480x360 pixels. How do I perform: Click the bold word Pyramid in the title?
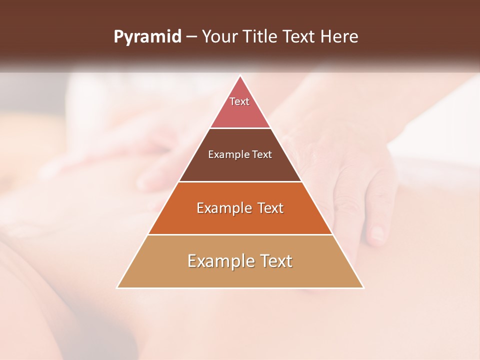click(x=147, y=37)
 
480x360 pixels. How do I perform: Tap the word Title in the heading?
click(x=262, y=37)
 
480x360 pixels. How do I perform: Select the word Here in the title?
click(x=339, y=37)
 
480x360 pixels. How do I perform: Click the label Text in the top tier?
click(x=239, y=101)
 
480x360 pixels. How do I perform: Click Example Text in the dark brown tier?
click(x=240, y=154)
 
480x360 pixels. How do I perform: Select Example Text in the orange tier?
click(x=240, y=208)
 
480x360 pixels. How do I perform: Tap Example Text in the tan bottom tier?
click(x=240, y=261)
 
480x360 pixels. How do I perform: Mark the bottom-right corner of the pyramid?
click(x=363, y=287)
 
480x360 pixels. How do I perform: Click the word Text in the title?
click(x=299, y=37)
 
